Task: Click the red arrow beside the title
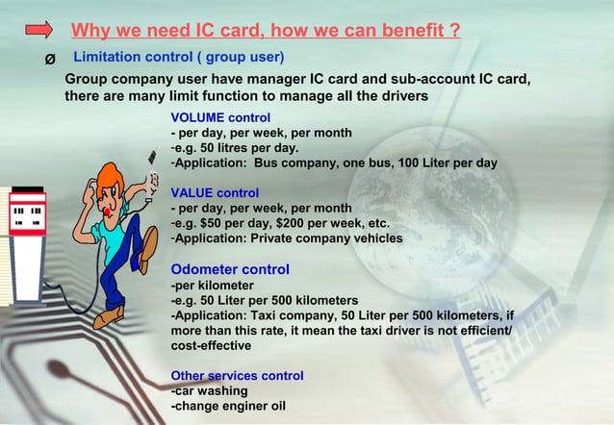[39, 32]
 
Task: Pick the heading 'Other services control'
[237, 375]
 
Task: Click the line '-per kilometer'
[213, 286]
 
